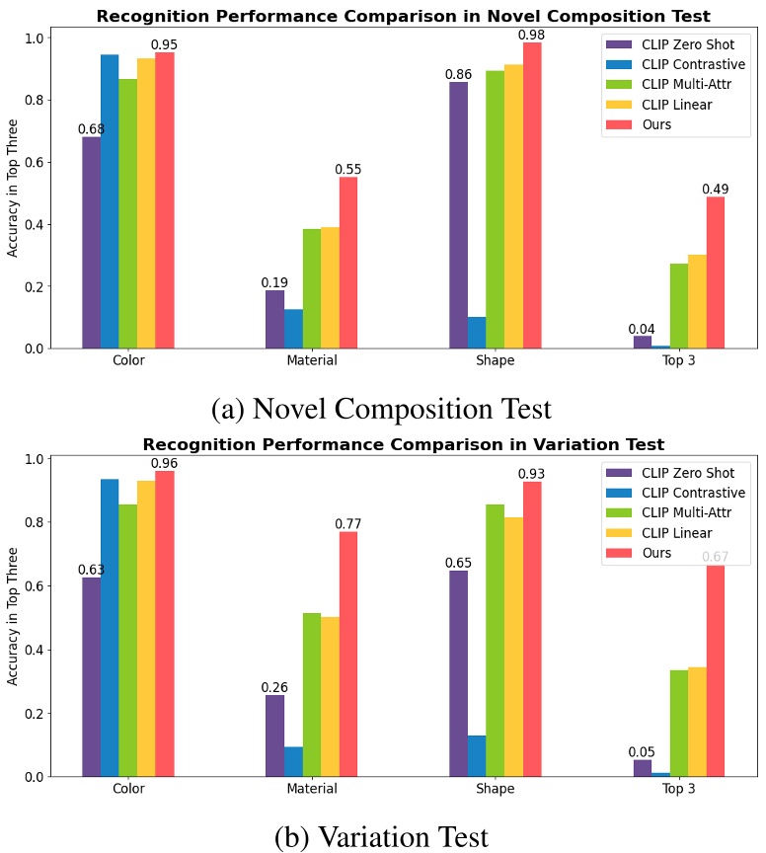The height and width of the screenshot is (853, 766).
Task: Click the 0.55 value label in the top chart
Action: click(347, 169)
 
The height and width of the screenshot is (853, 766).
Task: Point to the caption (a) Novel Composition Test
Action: click(381, 408)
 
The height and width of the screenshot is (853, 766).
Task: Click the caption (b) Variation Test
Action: click(381, 836)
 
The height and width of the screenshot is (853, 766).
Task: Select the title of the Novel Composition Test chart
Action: click(403, 16)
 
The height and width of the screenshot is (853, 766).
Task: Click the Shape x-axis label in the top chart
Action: click(495, 360)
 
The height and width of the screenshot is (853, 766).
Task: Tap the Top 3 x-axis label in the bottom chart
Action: click(678, 789)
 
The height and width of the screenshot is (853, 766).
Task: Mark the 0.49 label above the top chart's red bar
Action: click(715, 189)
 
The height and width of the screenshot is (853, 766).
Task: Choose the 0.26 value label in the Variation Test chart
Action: click(274, 687)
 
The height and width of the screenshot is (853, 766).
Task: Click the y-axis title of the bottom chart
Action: click(13, 617)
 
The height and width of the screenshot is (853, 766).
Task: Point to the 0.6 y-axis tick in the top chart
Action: click(36, 162)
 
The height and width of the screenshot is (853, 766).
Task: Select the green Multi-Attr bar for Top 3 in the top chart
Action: click(679, 306)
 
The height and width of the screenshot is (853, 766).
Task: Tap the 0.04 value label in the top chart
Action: click(643, 329)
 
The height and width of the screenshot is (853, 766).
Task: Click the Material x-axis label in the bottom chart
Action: click(311, 789)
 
